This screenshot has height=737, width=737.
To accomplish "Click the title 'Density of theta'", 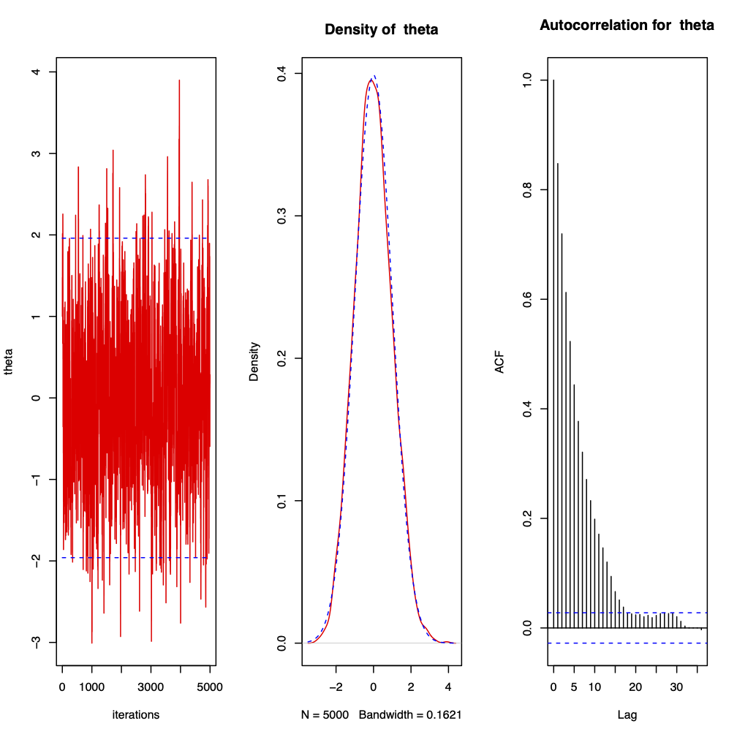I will (381, 30).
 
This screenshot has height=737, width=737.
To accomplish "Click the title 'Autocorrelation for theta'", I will (627, 26).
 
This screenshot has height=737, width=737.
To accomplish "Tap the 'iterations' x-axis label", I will (135, 714).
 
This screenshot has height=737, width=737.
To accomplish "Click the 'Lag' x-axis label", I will (627, 714).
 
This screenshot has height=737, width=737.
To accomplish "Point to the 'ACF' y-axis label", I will (500, 362).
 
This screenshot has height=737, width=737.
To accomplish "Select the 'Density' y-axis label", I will (254, 362).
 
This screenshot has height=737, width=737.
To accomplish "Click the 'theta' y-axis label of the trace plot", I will (9, 362).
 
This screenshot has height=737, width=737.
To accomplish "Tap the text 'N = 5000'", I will (325, 714).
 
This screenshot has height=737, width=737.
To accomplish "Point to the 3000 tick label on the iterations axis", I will (151, 688).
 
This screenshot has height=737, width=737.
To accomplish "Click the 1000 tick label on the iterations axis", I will (92, 688).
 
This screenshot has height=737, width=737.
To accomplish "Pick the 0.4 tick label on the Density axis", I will (280, 74).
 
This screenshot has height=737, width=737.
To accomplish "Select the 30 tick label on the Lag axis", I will (677, 688).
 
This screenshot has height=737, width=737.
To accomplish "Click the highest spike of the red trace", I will (179, 80).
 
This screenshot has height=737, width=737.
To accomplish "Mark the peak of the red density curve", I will (371, 80).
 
